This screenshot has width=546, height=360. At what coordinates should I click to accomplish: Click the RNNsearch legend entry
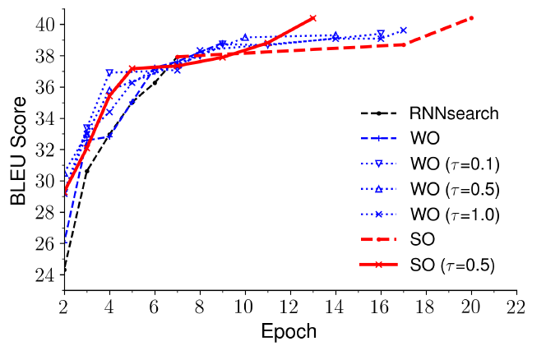coord(454,113)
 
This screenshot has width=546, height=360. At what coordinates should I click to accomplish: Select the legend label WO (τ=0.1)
coord(454,165)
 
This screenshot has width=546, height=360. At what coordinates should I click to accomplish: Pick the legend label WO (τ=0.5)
coord(454,191)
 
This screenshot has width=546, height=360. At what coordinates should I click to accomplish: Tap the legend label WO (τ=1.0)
coord(454,216)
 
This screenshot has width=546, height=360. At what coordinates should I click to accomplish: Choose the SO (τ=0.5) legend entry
coord(454,267)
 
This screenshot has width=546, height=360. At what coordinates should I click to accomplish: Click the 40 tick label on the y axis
coord(44,25)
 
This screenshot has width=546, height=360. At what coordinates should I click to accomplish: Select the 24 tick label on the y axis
coord(44,273)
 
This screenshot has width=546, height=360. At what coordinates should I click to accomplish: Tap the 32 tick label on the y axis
coord(44,149)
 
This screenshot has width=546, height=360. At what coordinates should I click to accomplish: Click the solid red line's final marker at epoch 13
coord(313,17)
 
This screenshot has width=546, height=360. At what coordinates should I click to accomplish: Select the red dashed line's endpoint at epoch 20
coord(471,18)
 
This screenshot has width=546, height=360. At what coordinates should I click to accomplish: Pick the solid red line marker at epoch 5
coord(132,68)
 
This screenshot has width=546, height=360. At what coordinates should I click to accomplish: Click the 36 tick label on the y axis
coord(44,87)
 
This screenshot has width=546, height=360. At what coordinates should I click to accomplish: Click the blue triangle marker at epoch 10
coord(245,37)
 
